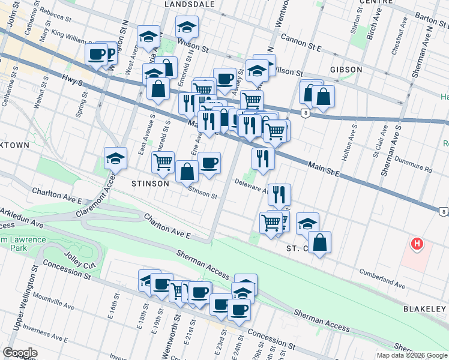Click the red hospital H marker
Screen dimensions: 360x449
coord(416,244)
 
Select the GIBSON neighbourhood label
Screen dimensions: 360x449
coord(345,70)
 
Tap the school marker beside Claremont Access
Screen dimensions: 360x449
coord(115,159)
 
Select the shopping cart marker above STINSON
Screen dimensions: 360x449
coord(163,162)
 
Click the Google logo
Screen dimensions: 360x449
coord(20,353)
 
